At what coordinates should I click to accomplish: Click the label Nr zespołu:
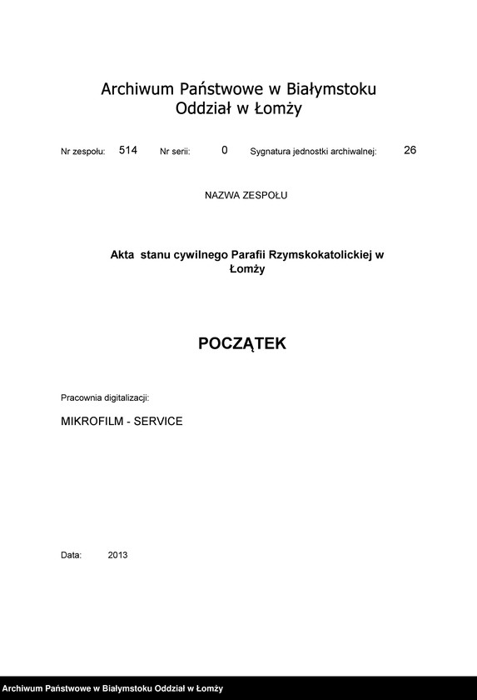(83, 152)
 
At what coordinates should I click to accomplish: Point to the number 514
(128, 151)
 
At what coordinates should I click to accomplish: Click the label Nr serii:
(175, 152)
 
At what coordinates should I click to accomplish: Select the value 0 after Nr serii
(225, 151)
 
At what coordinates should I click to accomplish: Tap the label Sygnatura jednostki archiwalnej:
(314, 152)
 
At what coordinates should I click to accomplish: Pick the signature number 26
(410, 151)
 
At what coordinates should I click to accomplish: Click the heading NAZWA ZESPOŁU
(246, 195)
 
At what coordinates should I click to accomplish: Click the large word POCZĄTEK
(242, 343)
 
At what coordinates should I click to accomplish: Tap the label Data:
(71, 555)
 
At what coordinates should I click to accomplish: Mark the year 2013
(117, 555)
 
